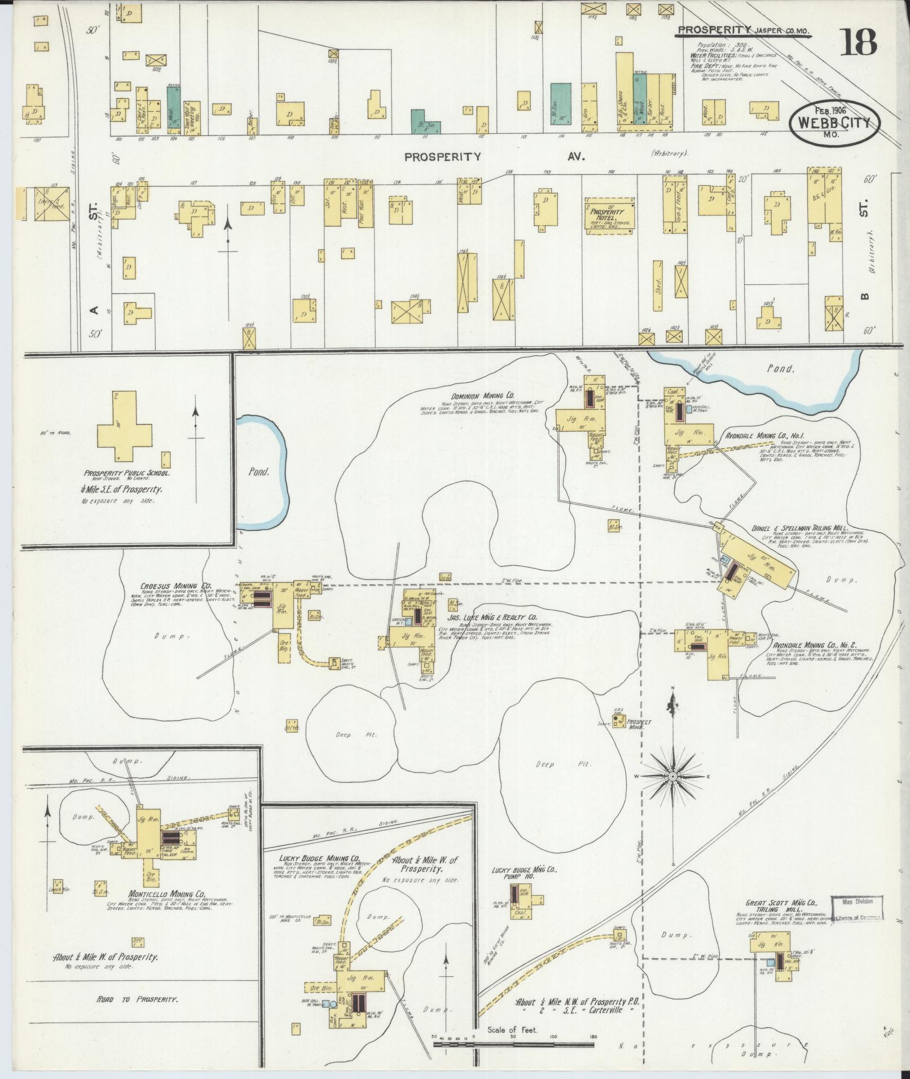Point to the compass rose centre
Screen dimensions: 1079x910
coord(672,777)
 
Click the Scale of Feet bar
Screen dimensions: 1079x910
coord(513,1045)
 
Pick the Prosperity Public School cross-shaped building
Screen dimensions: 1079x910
coord(125,425)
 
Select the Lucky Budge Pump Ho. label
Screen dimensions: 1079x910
coord(525,874)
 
